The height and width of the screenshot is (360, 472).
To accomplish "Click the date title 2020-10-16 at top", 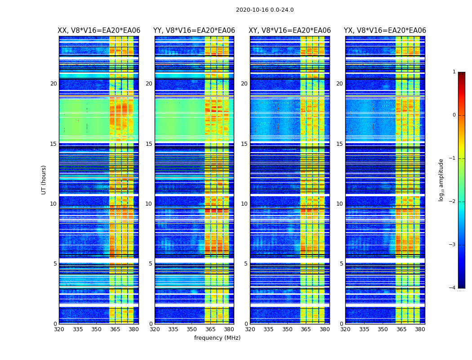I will tap(264, 10).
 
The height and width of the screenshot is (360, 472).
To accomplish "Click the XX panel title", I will tap(99, 31).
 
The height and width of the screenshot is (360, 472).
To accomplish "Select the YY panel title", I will tap(194, 31).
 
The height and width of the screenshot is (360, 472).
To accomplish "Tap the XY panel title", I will tap(290, 31).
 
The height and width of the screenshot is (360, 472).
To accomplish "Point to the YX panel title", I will tap(385, 31).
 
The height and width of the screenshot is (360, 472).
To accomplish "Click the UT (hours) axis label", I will tap(44, 180).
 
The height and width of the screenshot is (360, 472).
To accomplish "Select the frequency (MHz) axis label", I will tap(217, 338).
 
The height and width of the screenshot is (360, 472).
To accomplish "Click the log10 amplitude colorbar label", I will tap(441, 180).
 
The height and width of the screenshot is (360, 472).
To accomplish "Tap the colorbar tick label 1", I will tap(454, 72).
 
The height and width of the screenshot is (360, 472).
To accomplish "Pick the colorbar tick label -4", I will tap(453, 288).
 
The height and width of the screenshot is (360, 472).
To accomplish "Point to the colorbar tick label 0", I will tap(454, 115).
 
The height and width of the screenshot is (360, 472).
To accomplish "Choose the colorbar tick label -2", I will tap(453, 202).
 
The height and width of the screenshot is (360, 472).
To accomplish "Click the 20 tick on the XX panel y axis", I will tap(53, 84).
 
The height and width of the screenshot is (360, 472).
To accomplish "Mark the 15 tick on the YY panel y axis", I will tap(149, 144).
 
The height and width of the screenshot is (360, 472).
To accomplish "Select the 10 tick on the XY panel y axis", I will tap(244, 204).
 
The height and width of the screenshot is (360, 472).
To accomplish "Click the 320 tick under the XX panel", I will tap(59, 329).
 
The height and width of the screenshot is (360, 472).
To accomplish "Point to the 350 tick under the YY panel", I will tap(192, 329).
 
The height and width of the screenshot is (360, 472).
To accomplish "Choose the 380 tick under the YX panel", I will tap(420, 329).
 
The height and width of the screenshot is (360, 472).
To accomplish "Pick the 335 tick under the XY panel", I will tap(269, 329).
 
